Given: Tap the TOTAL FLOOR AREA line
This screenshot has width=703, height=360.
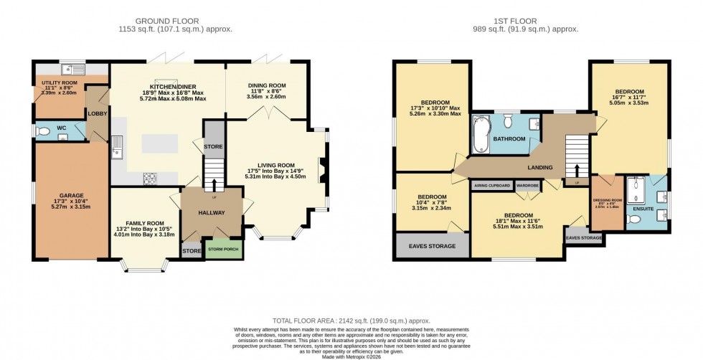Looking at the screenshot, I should click(x=350, y=321).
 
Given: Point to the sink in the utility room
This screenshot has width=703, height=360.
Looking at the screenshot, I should click(x=72, y=70).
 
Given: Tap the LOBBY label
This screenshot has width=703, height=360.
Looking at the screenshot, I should click(x=97, y=113).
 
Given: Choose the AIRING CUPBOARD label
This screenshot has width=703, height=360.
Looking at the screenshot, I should click(x=491, y=186).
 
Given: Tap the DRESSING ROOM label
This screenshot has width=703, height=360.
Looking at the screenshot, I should click(x=607, y=202).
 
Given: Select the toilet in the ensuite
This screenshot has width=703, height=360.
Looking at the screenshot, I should click(x=632, y=219).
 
